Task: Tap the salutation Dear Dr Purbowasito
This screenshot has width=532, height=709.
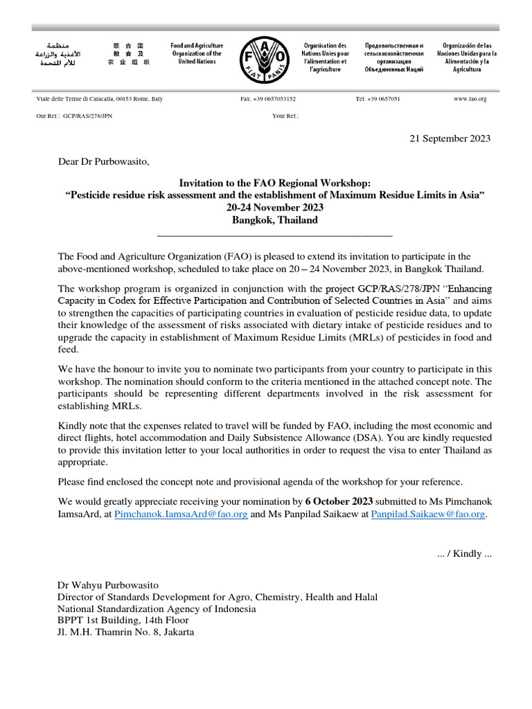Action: coord(103,162)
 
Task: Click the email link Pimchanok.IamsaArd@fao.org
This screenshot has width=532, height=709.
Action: coord(181,515)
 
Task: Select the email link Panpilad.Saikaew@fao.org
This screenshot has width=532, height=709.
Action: coord(428,515)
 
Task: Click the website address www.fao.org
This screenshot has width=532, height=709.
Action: coord(470,99)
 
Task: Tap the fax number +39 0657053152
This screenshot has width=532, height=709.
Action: coord(268,99)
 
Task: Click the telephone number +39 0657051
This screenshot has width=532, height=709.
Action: coord(378,99)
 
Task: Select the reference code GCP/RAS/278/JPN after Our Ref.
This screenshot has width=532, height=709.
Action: coord(87,116)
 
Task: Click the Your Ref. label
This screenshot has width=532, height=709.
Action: coord(285,116)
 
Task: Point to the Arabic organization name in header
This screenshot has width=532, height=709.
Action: coord(58,53)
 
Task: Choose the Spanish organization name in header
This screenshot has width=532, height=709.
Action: coord(465,57)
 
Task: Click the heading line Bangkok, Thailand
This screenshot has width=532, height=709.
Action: coord(274,220)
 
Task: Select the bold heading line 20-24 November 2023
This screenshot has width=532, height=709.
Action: coord(274,208)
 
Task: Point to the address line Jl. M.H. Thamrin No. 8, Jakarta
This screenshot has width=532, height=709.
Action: coord(125,632)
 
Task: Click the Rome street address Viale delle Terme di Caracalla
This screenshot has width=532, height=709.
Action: coord(99,99)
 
